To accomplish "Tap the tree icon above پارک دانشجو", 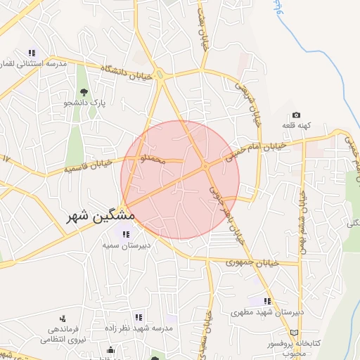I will point(84,92).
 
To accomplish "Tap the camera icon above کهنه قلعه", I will point(296,115).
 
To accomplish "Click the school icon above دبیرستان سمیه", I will point(126,234).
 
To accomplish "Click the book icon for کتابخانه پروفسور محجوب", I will point(293,332).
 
